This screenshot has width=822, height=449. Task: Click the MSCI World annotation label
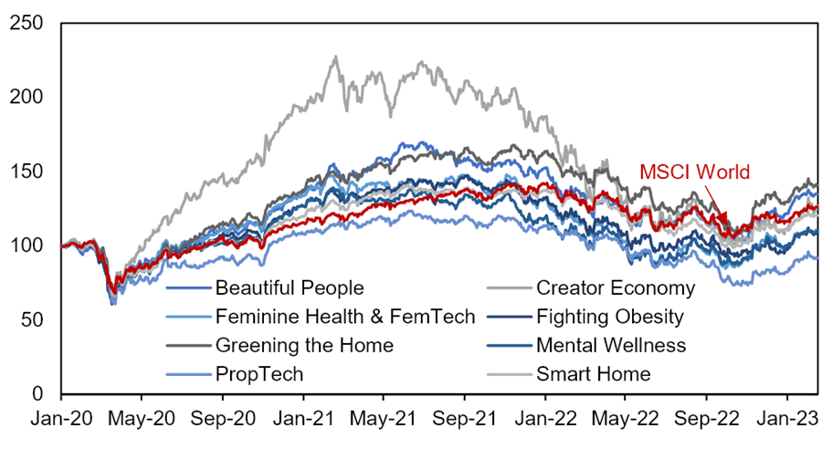coord(695,172)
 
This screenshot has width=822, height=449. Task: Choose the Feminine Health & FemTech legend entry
coord(345,318)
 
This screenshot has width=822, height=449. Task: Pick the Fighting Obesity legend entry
coord(609,318)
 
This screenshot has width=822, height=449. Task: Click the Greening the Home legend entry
coord(304,346)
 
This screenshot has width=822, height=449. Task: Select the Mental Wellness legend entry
coord(610,346)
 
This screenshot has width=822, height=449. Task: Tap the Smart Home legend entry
coord(594,374)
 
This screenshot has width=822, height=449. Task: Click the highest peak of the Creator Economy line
coord(335,57)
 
